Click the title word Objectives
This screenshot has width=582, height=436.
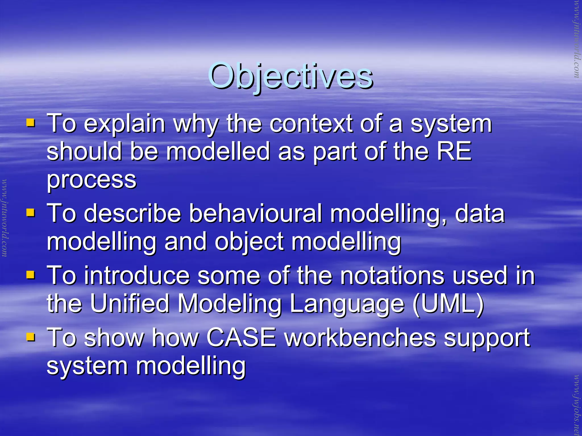point(290,76)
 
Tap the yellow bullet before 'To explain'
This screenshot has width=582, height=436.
point(30,123)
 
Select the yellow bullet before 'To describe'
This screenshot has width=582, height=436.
point(30,213)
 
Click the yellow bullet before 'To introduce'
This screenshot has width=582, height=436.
point(30,275)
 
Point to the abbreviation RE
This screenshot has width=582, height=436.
point(454,151)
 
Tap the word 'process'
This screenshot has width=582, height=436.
point(92,180)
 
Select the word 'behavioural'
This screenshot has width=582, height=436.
point(255,213)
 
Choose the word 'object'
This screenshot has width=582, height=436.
point(249,242)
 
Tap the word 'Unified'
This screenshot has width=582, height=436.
point(130,303)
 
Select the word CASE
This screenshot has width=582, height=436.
point(241,337)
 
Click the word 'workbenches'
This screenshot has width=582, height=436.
point(360,337)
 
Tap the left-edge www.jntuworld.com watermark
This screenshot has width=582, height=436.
point(4,218)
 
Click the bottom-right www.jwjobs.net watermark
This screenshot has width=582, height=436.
point(577,405)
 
